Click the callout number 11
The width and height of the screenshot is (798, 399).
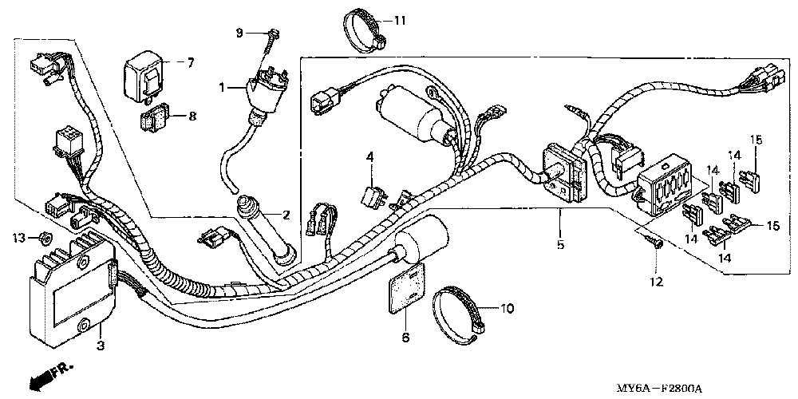pyautogui.click(x=399, y=18)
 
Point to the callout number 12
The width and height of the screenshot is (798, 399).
pyautogui.click(x=656, y=281)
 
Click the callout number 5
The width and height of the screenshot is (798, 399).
pyautogui.click(x=560, y=245)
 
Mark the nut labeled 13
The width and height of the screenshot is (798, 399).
pyautogui.click(x=45, y=237)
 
